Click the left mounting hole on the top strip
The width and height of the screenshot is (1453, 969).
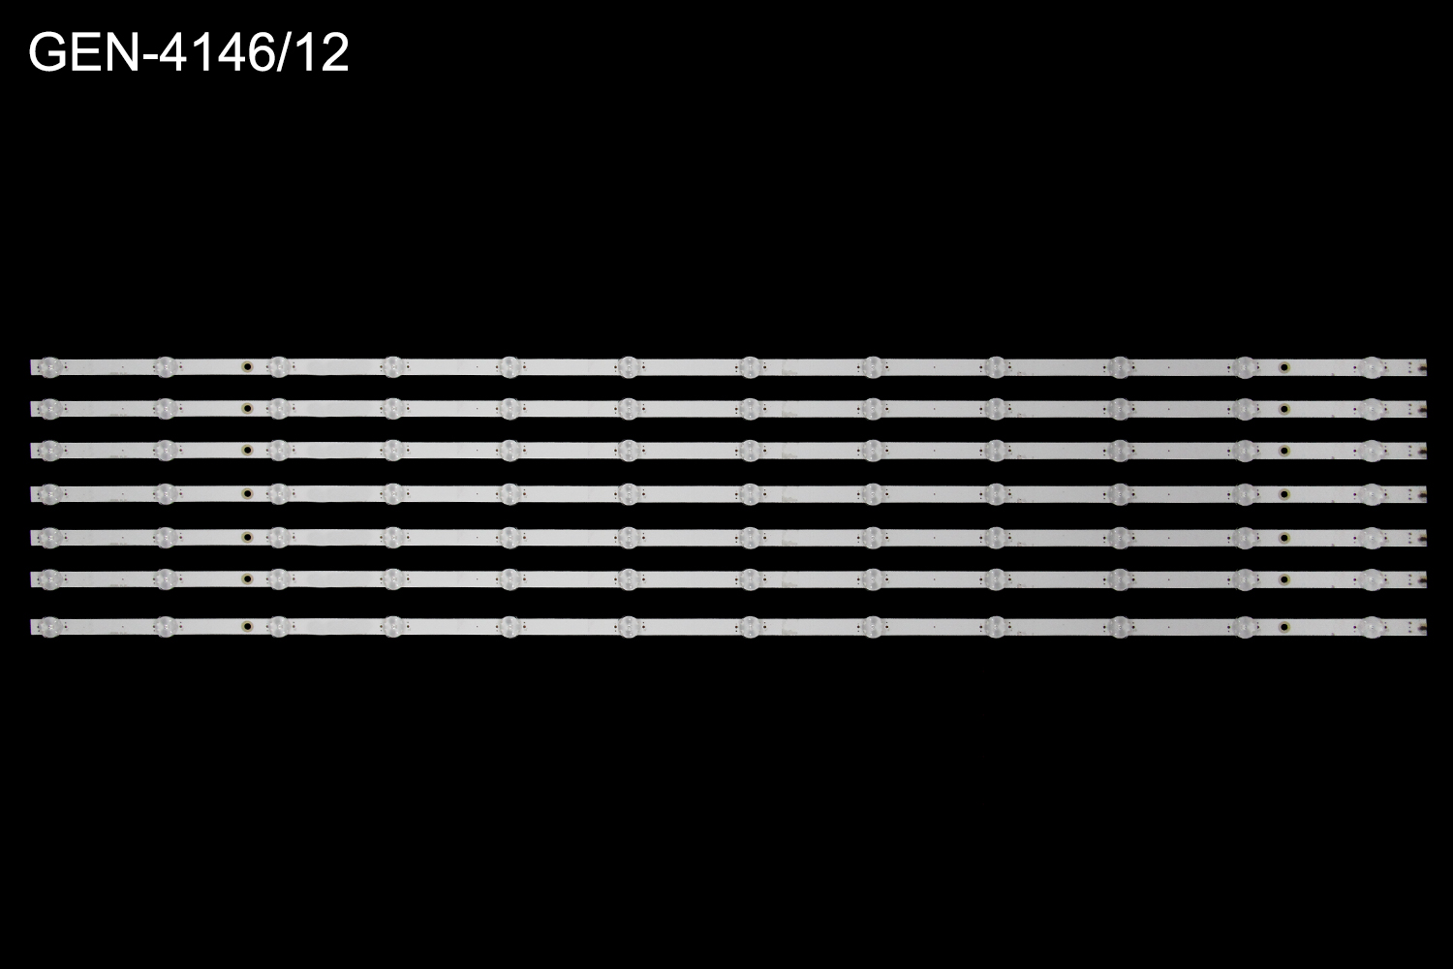(x=246, y=366)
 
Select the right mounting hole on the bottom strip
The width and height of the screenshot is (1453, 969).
(x=1284, y=623)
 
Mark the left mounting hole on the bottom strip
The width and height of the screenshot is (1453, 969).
(x=246, y=623)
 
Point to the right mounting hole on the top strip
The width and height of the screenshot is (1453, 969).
(x=1284, y=366)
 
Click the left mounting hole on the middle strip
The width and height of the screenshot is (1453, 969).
(x=246, y=494)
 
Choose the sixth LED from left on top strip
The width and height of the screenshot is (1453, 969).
(x=628, y=366)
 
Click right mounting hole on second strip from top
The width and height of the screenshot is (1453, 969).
(x=1284, y=408)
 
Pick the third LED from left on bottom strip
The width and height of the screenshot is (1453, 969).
(x=278, y=623)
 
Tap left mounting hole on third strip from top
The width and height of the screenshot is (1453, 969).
(x=246, y=450)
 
